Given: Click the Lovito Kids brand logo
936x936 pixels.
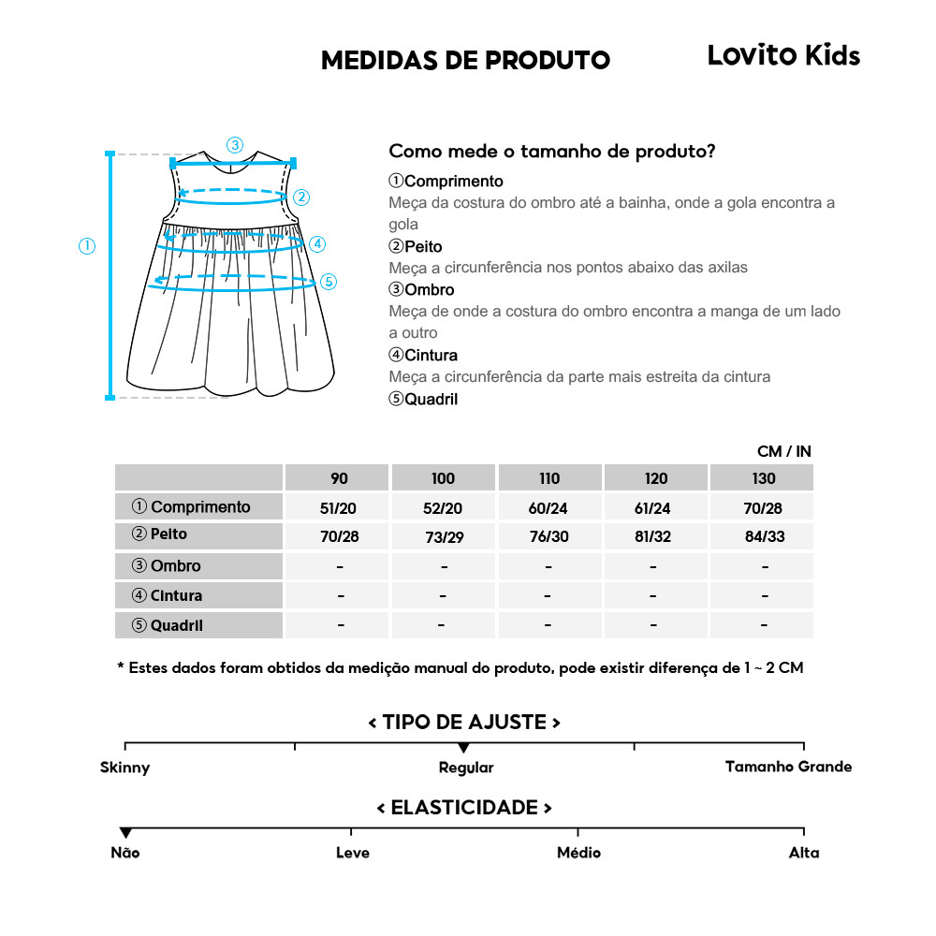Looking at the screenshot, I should click(783, 56).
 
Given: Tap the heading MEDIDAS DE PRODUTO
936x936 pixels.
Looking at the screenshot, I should click(465, 60).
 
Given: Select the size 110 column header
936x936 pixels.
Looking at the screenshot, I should click(549, 478).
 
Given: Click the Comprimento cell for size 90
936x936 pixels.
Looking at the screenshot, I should click(339, 507).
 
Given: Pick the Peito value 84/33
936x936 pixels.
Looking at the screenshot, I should click(764, 537).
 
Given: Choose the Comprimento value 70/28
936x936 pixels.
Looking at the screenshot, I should click(764, 507).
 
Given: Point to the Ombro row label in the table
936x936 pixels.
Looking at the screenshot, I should click(167, 566).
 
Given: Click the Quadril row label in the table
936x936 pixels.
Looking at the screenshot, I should click(168, 625).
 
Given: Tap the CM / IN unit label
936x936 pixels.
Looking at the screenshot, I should click(783, 451).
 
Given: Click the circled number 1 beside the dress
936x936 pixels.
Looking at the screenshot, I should click(87, 246).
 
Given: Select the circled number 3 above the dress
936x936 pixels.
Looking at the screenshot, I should click(235, 145).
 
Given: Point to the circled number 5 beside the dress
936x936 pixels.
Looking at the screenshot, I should click(328, 281).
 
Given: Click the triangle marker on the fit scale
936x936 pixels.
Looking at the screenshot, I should click(463, 748).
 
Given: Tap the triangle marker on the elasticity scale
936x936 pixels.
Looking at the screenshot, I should click(125, 833).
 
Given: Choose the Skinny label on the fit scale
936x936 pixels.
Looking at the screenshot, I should click(124, 768).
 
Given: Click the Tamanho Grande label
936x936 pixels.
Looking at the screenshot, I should click(788, 767).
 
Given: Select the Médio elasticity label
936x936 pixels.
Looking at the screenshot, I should click(578, 853).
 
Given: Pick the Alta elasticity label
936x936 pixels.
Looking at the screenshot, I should click(804, 853).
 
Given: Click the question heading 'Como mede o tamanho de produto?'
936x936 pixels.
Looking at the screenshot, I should click(552, 152).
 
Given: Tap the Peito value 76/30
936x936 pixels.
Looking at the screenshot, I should click(549, 537).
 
